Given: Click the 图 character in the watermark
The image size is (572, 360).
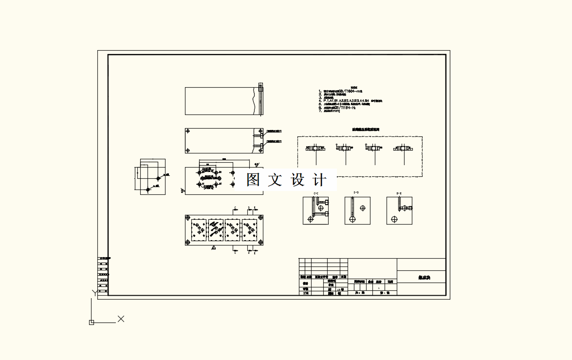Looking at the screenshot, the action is [253, 180].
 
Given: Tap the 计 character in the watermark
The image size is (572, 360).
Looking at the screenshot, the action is [319, 180].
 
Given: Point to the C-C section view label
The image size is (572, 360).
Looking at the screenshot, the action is [315, 193].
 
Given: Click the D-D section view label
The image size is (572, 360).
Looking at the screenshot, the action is [356, 193].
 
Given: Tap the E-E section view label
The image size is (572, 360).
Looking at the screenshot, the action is [399, 193].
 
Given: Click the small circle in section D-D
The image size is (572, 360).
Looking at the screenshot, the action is [362, 208].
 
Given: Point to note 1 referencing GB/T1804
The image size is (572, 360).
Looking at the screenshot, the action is [341, 91].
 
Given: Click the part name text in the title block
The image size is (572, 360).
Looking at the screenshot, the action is [424, 278].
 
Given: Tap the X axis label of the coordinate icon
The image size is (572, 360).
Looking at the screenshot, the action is [121, 319].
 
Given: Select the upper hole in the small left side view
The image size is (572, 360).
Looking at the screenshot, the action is [158, 179].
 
